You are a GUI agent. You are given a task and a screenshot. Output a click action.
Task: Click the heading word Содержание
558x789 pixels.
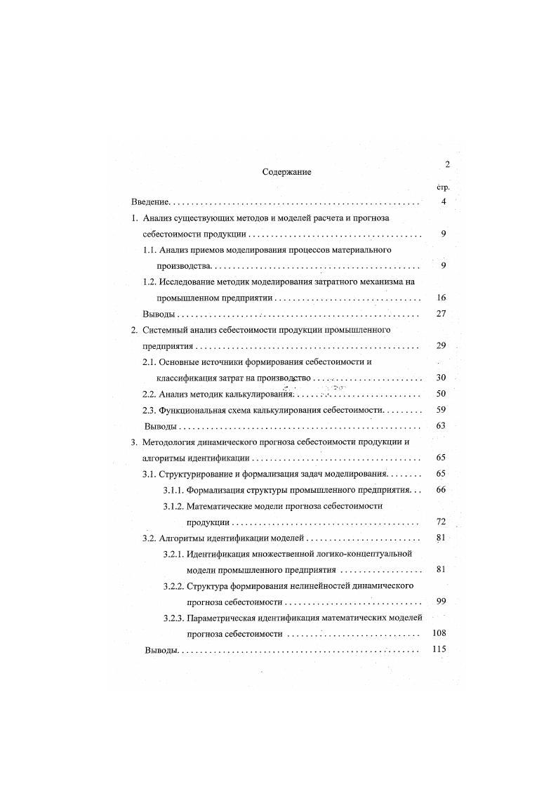286,172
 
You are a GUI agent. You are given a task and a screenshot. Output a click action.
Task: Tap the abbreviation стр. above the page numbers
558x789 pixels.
442,187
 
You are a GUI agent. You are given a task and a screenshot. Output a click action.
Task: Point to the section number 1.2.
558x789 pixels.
149,281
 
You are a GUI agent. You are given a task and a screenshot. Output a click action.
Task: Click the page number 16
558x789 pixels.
441,298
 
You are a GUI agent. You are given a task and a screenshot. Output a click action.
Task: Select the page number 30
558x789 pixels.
441,377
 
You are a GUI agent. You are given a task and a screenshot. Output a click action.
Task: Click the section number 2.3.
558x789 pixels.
149,409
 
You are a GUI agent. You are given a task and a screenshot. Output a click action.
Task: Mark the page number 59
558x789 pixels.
441,409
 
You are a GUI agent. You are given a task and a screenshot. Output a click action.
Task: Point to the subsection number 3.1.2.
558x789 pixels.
173,506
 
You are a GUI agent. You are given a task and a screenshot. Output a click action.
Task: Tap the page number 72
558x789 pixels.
441,522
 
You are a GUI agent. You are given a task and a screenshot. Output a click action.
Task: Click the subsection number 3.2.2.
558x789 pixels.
173,585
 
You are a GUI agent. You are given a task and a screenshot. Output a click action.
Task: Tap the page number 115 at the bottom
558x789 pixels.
439,649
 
